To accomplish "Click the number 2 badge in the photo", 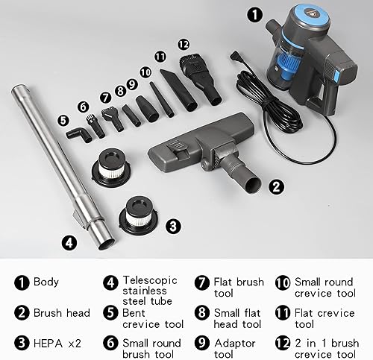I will [x=275, y=187].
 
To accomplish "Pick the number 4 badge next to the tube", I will [x=68, y=241].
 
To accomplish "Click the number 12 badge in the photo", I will [x=184, y=45].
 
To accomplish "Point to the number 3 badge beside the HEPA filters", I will [x=173, y=224].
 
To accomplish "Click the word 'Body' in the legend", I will [x=46, y=282].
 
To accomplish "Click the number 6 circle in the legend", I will [x=110, y=344].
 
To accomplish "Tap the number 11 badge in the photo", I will [x=160, y=57].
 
